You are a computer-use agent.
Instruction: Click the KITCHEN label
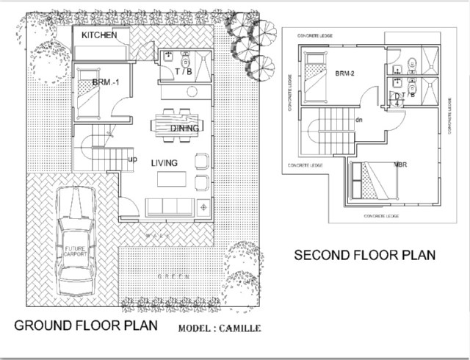pos(99,35)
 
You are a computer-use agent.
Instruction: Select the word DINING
pos(184,129)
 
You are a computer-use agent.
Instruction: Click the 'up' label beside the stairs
pos(133,159)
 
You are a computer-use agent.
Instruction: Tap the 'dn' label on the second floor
pos(359,119)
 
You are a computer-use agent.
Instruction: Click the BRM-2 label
pos(345,73)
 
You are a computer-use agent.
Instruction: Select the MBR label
pos(401,164)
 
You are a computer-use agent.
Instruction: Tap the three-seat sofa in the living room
pos(170,206)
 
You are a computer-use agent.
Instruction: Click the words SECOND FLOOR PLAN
pos(364,255)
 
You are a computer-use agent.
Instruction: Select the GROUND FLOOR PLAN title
pos(85,325)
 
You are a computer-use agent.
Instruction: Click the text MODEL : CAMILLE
pos(218,328)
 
